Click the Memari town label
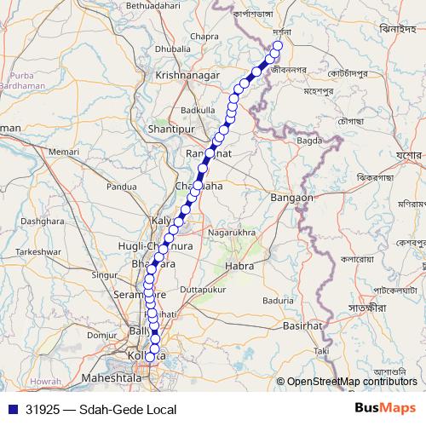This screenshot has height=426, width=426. pyautogui.click(x=63, y=151)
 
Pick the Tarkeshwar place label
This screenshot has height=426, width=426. pyautogui.click(x=39, y=252)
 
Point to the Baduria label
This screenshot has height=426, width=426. pyautogui.click(x=278, y=300)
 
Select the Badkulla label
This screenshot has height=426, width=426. pyautogui.click(x=198, y=110)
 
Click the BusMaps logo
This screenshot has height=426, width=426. pyautogui.click(x=384, y=409)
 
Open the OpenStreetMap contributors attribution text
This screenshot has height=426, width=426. pyautogui.click(x=352, y=382)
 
